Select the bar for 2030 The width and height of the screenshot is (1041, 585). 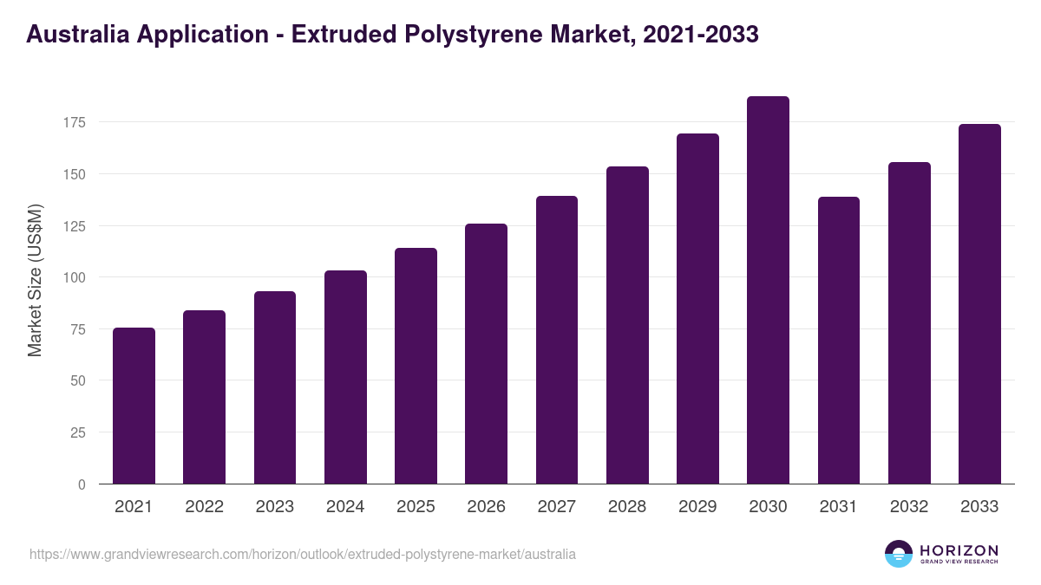click(768, 290)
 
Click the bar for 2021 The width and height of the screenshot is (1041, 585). click(134, 406)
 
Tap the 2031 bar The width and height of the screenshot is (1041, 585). click(838, 341)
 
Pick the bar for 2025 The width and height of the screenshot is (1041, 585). click(416, 366)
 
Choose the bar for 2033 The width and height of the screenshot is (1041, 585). click(979, 304)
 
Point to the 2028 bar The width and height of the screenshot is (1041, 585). click(627, 325)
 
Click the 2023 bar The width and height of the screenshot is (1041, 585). click(275, 387)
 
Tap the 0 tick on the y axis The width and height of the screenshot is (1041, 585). click(82, 484)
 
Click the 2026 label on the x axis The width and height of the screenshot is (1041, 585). click(486, 507)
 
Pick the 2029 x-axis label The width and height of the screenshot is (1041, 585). click(697, 507)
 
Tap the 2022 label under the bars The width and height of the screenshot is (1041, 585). click(204, 507)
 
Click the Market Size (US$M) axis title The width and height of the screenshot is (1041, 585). click(35, 280)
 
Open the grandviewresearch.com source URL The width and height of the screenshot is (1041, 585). click(303, 554)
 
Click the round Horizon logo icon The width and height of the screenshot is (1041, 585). click(899, 554)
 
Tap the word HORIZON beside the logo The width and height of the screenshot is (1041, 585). click(959, 549)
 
